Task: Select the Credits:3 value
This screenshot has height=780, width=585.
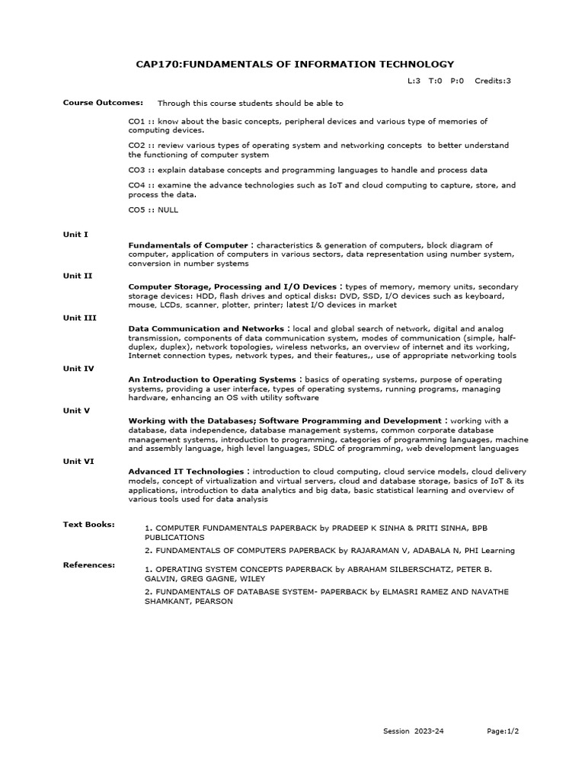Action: click(x=493, y=81)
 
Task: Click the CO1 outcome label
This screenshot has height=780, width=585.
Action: click(x=136, y=121)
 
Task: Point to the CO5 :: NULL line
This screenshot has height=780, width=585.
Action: click(x=153, y=209)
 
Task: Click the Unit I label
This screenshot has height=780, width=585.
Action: click(x=75, y=235)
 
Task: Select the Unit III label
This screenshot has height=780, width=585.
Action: click(x=79, y=318)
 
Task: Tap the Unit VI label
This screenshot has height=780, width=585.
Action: click(x=78, y=461)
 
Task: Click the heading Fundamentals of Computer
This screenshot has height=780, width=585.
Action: click(x=188, y=245)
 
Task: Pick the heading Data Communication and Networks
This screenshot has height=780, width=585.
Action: click(x=206, y=328)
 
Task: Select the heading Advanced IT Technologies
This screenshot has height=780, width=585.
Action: click(x=187, y=472)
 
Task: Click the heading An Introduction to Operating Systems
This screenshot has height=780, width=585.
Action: click(x=212, y=379)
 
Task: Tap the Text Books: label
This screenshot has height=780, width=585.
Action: click(x=88, y=524)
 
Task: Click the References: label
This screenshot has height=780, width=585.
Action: click(x=89, y=565)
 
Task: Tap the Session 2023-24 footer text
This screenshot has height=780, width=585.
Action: click(x=413, y=731)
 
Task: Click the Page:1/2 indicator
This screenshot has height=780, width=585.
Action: click(x=503, y=731)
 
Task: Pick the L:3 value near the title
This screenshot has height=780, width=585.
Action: click(x=414, y=81)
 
